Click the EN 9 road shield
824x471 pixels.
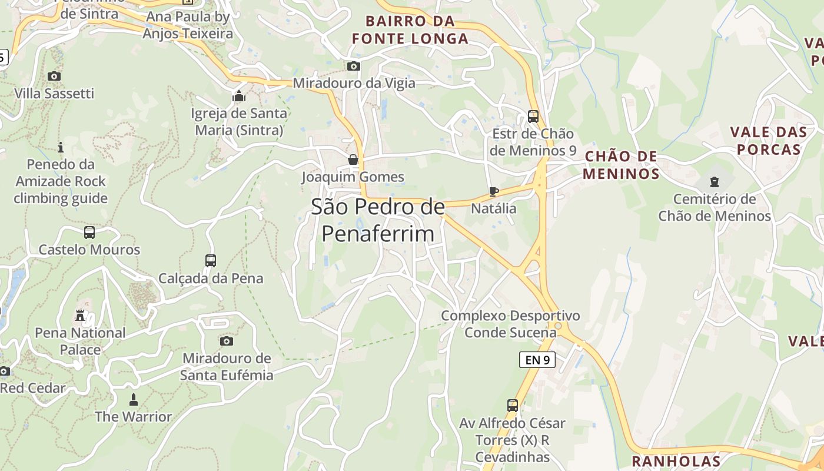(537, 360)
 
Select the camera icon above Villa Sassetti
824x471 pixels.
(54, 76)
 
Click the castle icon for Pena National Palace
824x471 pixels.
(80, 316)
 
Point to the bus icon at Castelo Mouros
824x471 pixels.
(89, 233)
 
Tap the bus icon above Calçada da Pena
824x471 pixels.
(211, 260)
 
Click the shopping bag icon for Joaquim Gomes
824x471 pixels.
(353, 160)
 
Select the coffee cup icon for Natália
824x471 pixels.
(494, 191)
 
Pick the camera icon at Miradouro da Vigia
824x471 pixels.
(354, 66)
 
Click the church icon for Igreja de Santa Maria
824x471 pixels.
(239, 95)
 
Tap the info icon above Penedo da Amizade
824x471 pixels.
(60, 147)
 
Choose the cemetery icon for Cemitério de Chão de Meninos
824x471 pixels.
(715, 181)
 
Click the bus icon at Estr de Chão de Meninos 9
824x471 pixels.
(533, 116)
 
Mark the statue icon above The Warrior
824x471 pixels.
(133, 400)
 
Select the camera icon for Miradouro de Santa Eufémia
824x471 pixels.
(227, 341)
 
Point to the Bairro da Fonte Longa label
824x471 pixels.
(410, 30)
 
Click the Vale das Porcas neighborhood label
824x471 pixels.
(766, 140)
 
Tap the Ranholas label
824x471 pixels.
(676, 461)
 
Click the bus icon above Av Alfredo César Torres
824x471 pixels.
(513, 406)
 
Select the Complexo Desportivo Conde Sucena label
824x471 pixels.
(510, 324)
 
